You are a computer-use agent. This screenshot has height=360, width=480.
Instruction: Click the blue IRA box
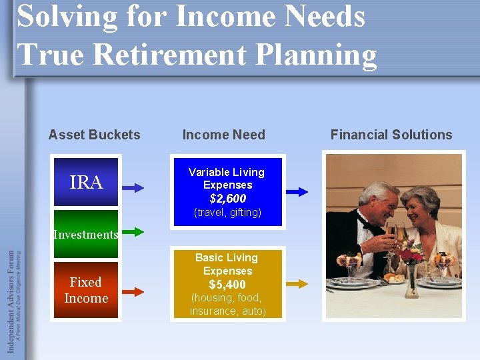(x=86, y=182)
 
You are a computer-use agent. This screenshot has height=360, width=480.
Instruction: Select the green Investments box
(x=85, y=235)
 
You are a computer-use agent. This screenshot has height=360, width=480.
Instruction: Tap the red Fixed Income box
(x=86, y=290)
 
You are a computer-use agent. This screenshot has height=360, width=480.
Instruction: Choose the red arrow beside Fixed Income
(x=133, y=291)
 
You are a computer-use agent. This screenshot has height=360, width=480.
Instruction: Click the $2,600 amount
(x=227, y=199)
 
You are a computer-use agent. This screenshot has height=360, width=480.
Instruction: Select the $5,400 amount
(x=227, y=285)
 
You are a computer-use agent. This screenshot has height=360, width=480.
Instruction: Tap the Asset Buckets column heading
(x=95, y=135)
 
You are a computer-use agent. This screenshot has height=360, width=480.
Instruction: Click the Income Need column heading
(x=224, y=135)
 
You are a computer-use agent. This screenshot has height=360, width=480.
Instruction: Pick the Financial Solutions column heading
(x=391, y=135)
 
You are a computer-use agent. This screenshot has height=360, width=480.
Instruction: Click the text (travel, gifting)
(x=227, y=213)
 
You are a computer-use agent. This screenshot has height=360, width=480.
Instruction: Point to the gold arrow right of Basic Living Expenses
(x=297, y=283)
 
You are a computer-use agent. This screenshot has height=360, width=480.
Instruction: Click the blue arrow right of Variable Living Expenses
(x=297, y=191)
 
